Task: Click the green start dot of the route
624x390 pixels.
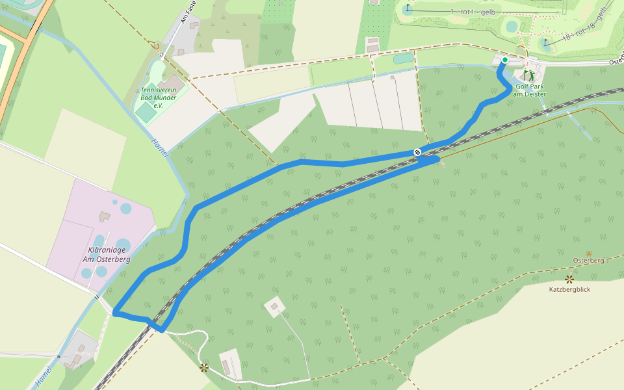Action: click(x=504, y=60)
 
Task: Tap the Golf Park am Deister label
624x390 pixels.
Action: click(x=530, y=90)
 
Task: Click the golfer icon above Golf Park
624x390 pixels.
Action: click(x=530, y=75)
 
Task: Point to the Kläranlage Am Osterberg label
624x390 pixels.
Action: click(x=107, y=255)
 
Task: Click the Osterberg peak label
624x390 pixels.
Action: click(x=588, y=261)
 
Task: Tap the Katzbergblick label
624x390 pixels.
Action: click(x=569, y=289)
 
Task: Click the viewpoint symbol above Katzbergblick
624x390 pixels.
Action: click(x=569, y=279)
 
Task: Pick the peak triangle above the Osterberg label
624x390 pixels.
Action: click(x=589, y=253)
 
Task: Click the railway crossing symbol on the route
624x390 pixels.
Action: click(x=417, y=152)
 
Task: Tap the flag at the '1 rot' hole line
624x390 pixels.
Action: click(x=408, y=8)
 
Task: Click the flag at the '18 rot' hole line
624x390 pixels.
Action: click(x=547, y=44)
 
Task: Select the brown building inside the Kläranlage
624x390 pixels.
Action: click(x=104, y=215)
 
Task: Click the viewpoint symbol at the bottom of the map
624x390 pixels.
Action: click(x=204, y=368)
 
